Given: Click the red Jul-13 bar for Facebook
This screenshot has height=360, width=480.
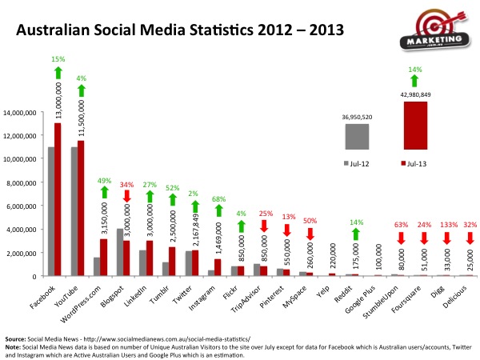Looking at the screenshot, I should coord(58,200).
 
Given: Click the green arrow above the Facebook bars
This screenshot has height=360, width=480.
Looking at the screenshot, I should coord(58,72).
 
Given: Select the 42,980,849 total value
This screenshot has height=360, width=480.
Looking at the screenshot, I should coord(414,95).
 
